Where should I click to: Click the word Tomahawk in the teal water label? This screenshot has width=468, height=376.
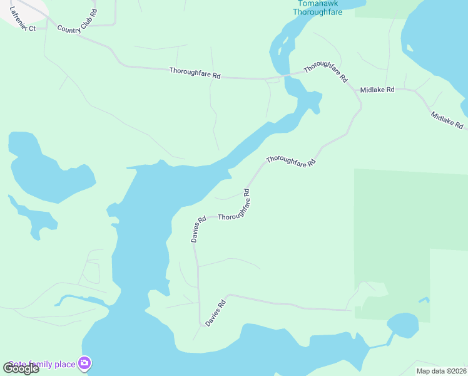(x=318, y=3)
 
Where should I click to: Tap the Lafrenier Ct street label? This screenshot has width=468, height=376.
(x=23, y=24)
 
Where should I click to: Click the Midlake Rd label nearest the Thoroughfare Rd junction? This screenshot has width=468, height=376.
(x=377, y=90)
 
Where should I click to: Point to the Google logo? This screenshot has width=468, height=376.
(x=21, y=368)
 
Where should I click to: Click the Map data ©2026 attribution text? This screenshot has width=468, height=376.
(x=441, y=371)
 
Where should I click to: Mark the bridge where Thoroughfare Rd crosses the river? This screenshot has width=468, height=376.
(x=287, y=75)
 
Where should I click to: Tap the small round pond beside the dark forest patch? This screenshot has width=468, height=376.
(x=402, y=324)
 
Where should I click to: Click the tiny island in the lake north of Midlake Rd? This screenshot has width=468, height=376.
(x=409, y=48)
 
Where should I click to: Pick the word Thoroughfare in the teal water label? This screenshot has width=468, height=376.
(x=318, y=12)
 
